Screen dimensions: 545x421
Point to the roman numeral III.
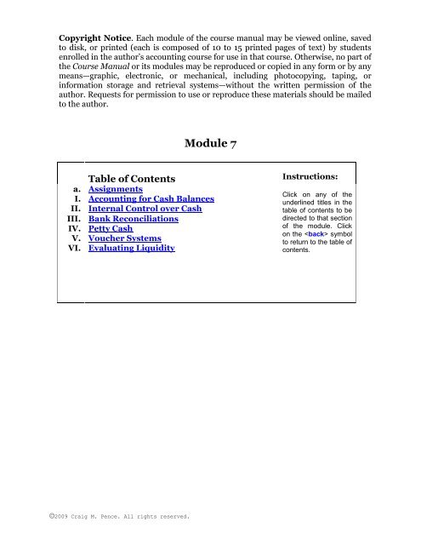76,219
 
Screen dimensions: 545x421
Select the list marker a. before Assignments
77,190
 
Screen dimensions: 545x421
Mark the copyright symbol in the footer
51,515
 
